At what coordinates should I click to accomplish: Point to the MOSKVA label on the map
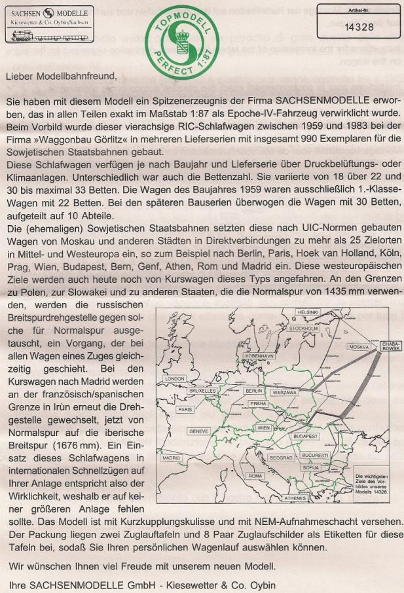tap(359, 346)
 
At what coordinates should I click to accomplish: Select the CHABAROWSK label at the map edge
tap(390, 346)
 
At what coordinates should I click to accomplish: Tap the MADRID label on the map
tap(172, 458)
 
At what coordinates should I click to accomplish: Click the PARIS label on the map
tap(185, 409)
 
